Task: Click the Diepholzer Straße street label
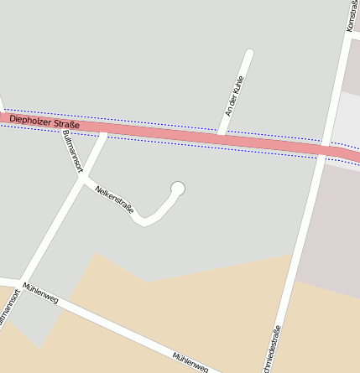[x=44, y=122]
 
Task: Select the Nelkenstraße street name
[x=115, y=199]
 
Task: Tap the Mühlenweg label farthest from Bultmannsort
[x=190, y=360]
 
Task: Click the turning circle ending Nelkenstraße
[x=177, y=188]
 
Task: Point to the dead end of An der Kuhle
[x=249, y=53]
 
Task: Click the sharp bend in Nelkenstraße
[x=145, y=222]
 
